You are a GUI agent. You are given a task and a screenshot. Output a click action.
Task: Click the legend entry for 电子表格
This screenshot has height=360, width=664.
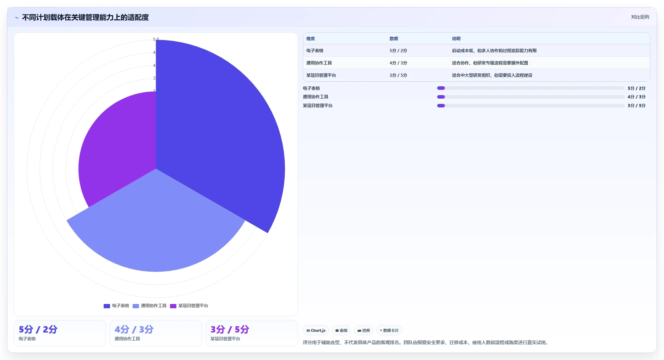(116, 306)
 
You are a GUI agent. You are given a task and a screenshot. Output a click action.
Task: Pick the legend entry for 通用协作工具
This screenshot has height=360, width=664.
(149, 306)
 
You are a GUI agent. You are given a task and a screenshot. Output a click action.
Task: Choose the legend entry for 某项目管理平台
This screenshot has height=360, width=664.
(189, 306)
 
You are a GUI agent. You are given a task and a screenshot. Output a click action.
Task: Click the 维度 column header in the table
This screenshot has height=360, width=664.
(311, 39)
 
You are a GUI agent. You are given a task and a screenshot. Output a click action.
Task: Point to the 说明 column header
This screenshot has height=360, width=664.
(456, 39)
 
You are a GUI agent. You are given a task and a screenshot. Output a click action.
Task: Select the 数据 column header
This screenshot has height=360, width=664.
(394, 39)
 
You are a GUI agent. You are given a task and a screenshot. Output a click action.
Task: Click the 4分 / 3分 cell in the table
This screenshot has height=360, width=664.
(398, 63)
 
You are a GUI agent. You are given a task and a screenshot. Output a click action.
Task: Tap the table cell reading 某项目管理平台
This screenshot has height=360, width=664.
(321, 75)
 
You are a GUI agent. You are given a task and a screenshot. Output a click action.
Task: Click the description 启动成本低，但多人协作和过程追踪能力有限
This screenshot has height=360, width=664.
(494, 51)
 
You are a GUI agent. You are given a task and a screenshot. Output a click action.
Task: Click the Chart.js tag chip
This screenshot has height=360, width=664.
(316, 330)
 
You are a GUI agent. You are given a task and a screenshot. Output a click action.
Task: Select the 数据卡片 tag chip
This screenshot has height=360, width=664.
(389, 330)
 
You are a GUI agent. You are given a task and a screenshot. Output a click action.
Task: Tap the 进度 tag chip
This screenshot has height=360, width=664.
(364, 330)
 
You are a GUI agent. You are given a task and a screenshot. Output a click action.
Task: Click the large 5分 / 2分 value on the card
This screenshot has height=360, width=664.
(38, 329)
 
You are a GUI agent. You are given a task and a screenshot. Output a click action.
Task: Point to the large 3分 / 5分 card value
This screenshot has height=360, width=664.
(230, 329)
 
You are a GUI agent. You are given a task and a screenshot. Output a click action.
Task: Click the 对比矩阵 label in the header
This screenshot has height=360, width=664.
(640, 17)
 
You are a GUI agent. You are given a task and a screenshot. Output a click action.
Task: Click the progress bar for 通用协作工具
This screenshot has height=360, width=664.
(531, 97)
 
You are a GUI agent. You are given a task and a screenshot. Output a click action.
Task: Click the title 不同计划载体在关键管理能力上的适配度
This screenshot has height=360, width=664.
(85, 17)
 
